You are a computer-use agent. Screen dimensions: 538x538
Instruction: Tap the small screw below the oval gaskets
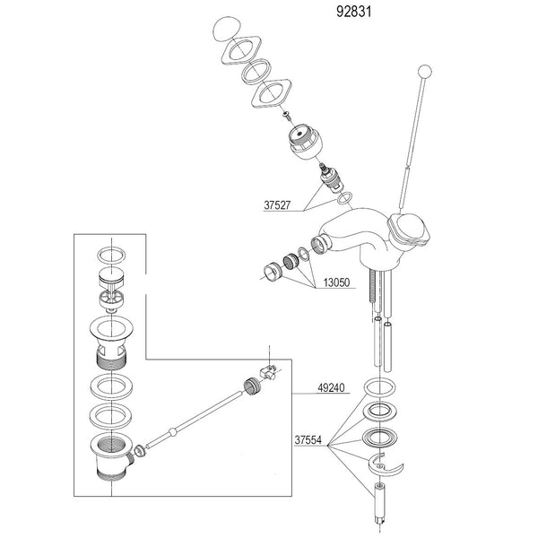pyautogui.click(x=286, y=116)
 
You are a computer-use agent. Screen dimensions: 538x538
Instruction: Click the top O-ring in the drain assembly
pyautogui.click(x=112, y=254)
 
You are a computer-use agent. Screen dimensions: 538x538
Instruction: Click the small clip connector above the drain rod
pyautogui.click(x=266, y=369)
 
